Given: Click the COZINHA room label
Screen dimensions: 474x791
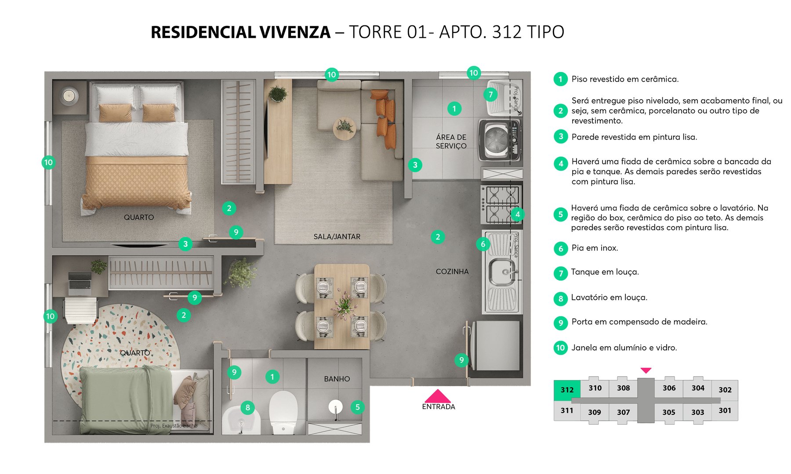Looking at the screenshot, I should pos(452,272).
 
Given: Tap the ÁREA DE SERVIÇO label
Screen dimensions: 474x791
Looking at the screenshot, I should pos(451,141).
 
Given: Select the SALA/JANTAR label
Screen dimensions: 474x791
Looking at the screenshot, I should pos(337,237).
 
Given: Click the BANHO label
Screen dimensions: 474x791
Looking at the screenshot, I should pos(337,379).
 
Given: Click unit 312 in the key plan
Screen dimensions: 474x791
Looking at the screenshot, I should pos(567,390).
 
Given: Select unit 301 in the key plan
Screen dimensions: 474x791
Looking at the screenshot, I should pos(725,410).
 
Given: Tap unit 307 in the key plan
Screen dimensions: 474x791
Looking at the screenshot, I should pos(623,412).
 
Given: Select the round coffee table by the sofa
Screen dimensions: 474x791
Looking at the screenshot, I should pos(344,129).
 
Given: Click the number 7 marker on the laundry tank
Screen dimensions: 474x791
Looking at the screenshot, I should pos(490,94).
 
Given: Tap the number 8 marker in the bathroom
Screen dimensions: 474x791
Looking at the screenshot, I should pos(247,407).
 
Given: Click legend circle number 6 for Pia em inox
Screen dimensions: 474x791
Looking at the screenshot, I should pos(560,249).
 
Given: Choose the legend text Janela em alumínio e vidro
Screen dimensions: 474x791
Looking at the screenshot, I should pos(624,348).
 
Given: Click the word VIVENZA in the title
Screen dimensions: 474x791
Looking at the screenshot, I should pos(295,32).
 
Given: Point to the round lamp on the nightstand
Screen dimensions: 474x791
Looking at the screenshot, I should pos(69,96).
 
